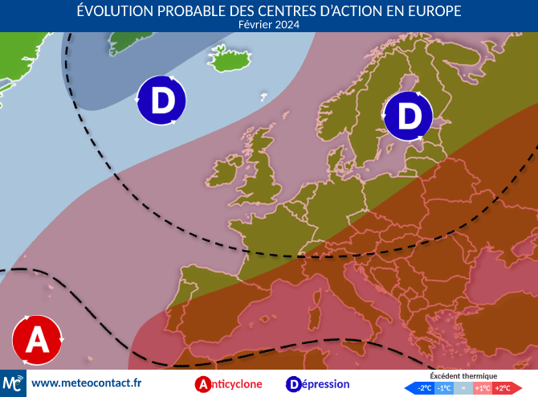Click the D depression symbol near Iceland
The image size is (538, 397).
tap(161, 101)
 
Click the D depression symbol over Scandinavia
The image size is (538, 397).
tap(409, 116)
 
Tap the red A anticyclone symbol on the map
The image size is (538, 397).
tap(37, 340)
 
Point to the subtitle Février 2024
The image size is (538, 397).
tap(269, 24)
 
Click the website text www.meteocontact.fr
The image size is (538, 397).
tap(86, 383)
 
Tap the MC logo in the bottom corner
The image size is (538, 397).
tap(13, 383)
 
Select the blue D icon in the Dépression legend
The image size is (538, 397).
tap(295, 384)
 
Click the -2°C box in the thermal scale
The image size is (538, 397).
tap(424, 388)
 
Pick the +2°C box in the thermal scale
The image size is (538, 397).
tap(502, 388)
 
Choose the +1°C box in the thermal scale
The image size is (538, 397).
tap(483, 388)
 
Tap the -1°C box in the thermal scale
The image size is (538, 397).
tap(443, 388)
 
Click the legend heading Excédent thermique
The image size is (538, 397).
tap(463, 376)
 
